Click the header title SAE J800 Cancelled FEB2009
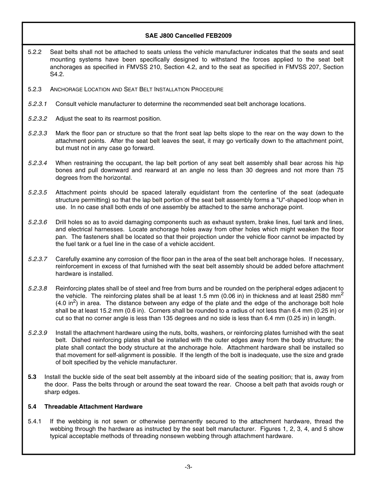point(188,36)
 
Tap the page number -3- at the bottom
point(188,467)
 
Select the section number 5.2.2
point(35,52)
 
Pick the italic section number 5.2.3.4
point(37,163)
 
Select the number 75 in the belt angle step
point(340,171)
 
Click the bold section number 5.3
point(32,377)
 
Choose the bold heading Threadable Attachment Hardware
point(93,407)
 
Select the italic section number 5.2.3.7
point(37,259)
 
